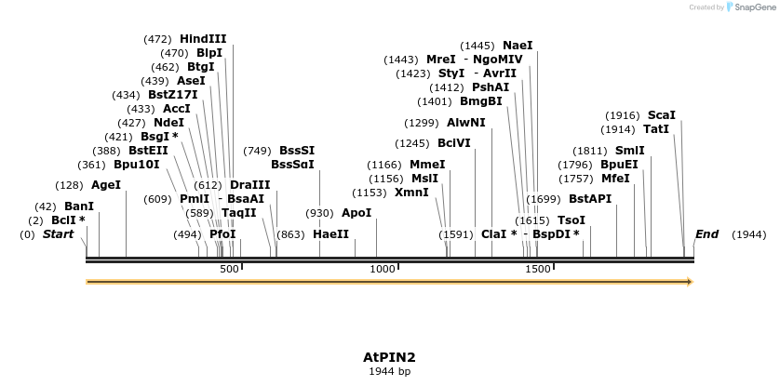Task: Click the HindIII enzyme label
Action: pyautogui.click(x=203, y=39)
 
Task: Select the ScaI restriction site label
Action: pyautogui.click(x=662, y=115)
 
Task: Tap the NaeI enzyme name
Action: pyautogui.click(x=518, y=45)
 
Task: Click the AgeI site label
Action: pyautogui.click(x=106, y=185)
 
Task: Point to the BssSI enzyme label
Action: pyautogui.click(x=297, y=151)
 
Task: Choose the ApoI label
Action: pyautogui.click(x=356, y=213)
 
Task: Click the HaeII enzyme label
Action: pyautogui.click(x=330, y=234)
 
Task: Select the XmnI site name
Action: pyautogui.click(x=411, y=193)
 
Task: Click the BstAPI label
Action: pyautogui.click(x=590, y=199)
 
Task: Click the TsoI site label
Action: pyautogui.click(x=572, y=220)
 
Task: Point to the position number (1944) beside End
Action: pyautogui.click(x=748, y=234)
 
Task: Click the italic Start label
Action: pyautogui.click(x=58, y=234)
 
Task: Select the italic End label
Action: pyautogui.click(x=707, y=234)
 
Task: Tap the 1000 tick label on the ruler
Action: pyautogui.click(x=383, y=269)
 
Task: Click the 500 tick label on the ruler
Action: pyautogui.click(x=229, y=269)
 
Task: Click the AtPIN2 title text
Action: pyautogui.click(x=389, y=357)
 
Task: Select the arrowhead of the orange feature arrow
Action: pyautogui.click(x=690, y=282)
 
